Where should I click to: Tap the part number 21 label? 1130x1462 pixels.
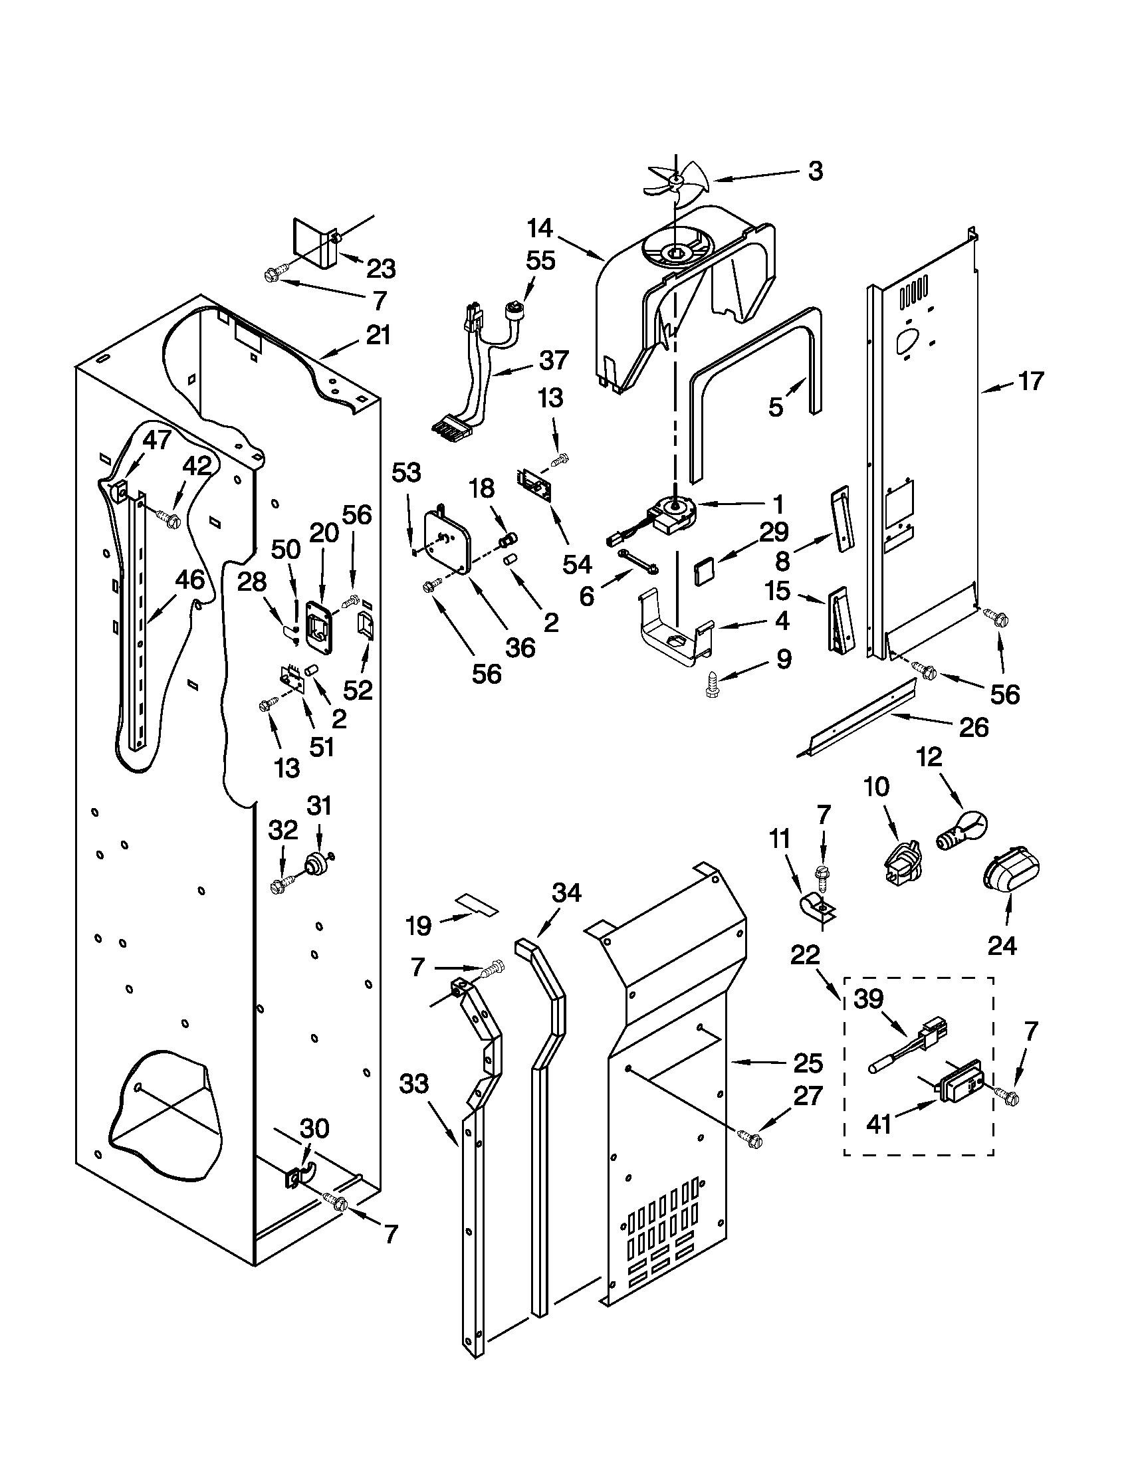[x=378, y=335]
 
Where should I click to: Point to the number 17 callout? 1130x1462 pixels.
[x=1031, y=381]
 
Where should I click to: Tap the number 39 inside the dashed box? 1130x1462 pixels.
[x=869, y=999]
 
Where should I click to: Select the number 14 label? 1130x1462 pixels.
[x=540, y=228]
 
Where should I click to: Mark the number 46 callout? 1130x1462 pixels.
[x=189, y=579]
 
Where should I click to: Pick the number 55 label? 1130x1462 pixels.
[x=540, y=261]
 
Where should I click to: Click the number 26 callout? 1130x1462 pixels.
[x=973, y=728]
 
